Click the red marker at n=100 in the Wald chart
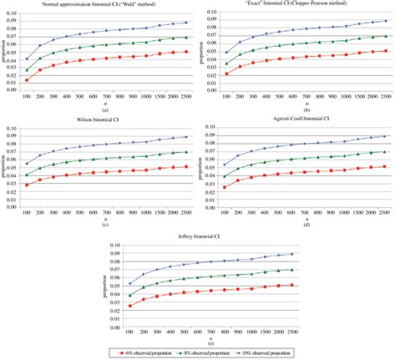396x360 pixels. point(27,79)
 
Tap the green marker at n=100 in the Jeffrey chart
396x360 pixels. point(129,295)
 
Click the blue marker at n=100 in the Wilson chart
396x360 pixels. point(27,164)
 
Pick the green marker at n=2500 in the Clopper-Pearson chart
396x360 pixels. point(383,36)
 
